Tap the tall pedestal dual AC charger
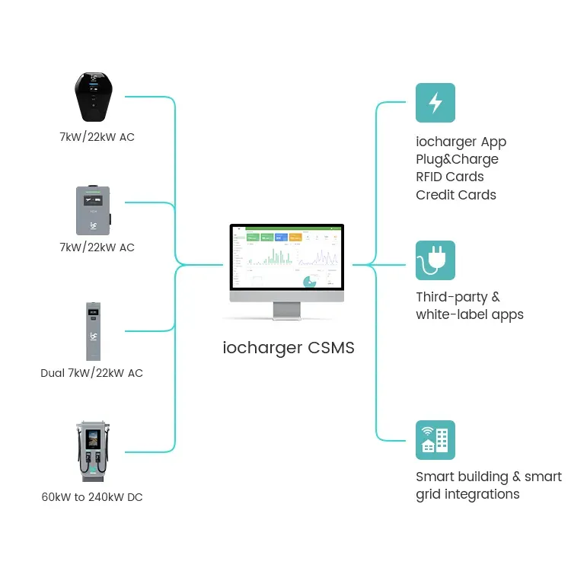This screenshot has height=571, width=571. (93, 332)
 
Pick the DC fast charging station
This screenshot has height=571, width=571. (93, 450)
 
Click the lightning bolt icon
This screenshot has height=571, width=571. (435, 103)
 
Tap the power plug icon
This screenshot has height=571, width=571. (435, 260)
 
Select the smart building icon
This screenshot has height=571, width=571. (435, 440)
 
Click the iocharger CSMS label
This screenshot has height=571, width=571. (289, 348)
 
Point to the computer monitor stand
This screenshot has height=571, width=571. (287, 310)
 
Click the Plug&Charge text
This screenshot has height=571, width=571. (457, 159)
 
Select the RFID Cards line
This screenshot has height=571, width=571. (449, 177)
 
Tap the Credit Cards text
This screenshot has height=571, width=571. (455, 195)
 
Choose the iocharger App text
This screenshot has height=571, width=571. (461, 142)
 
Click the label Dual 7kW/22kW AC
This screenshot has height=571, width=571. (91, 373)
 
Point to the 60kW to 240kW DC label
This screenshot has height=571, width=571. (91, 497)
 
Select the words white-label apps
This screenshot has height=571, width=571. (469, 314)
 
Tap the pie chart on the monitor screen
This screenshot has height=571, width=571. (310, 282)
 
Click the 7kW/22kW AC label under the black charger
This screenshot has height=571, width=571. (97, 137)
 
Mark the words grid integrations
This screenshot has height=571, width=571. (467, 494)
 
